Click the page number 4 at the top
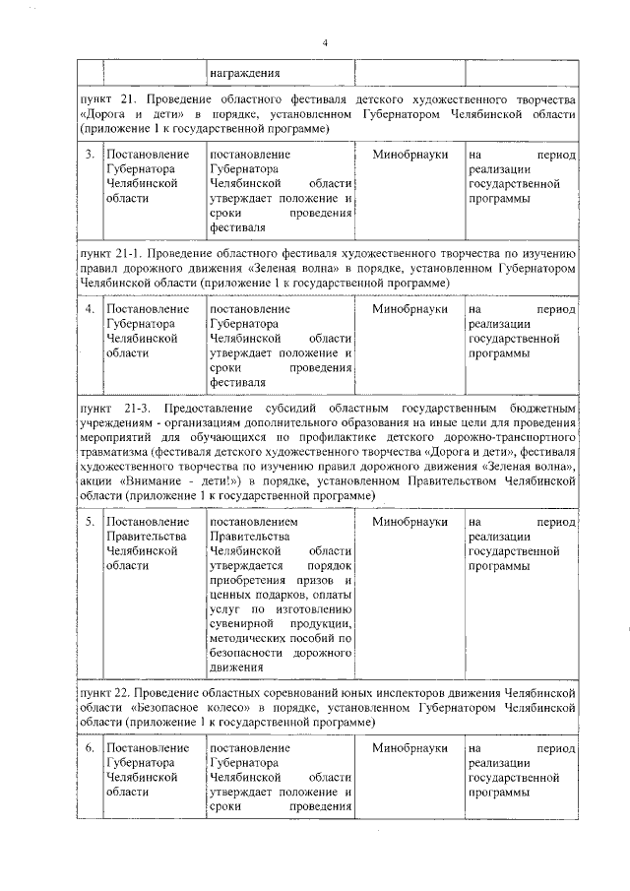[x=324, y=42]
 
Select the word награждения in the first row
[x=244, y=72]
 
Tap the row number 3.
[x=90, y=155]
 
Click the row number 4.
[x=90, y=309]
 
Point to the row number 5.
[x=90, y=521]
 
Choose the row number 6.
[x=90, y=748]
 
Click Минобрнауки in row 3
[x=409, y=155]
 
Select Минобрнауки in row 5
[x=409, y=521]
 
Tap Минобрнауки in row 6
[x=409, y=748]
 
